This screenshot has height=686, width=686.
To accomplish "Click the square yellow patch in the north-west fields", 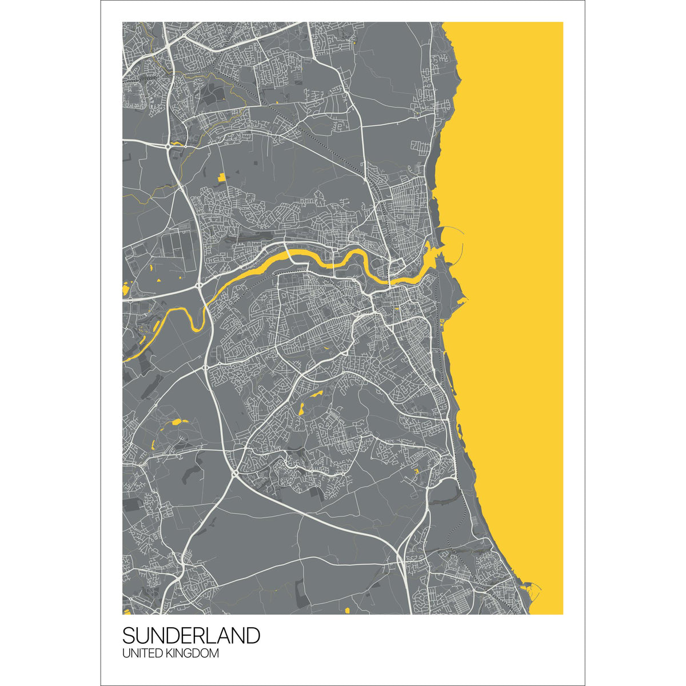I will click(221, 176).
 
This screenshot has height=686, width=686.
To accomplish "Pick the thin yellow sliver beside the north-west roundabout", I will click(178, 143).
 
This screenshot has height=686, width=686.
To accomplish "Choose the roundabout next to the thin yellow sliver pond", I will click(167, 147).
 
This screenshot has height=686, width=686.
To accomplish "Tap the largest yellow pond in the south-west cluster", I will click(177, 422).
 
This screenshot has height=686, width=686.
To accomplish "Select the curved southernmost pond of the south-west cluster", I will click(153, 445).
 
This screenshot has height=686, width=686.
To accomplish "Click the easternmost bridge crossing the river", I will click(390, 281).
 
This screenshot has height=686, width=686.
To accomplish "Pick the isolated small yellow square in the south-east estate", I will click(416, 470).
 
